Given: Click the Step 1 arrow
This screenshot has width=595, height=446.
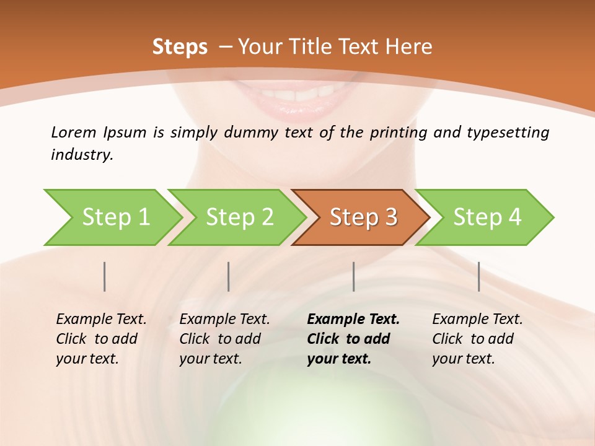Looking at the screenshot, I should point(115,217).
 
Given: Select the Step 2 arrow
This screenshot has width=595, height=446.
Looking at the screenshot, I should point(239,217).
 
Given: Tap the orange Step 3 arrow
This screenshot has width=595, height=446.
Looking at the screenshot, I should point(363,217).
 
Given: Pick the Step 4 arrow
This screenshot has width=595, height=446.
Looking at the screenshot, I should point(487,217).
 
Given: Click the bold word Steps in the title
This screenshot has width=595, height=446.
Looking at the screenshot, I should point(180,46).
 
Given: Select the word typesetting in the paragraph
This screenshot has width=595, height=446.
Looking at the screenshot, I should point(509,132).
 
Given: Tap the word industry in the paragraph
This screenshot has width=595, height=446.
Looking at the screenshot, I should point(81,154).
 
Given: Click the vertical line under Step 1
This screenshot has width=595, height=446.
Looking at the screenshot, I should point(105,276).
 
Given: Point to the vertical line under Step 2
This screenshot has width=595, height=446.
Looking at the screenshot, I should point(229,276).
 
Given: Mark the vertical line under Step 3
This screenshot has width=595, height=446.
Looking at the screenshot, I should point(353,276).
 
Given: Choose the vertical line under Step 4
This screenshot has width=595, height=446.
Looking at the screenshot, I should point(478,276).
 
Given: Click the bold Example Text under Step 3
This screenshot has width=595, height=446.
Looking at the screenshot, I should point(353,320).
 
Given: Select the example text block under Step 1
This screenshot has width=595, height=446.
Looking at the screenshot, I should point(101,339).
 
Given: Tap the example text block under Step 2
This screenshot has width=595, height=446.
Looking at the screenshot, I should point(224,339).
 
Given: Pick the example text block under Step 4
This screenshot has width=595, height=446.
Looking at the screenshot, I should point(477,339).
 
